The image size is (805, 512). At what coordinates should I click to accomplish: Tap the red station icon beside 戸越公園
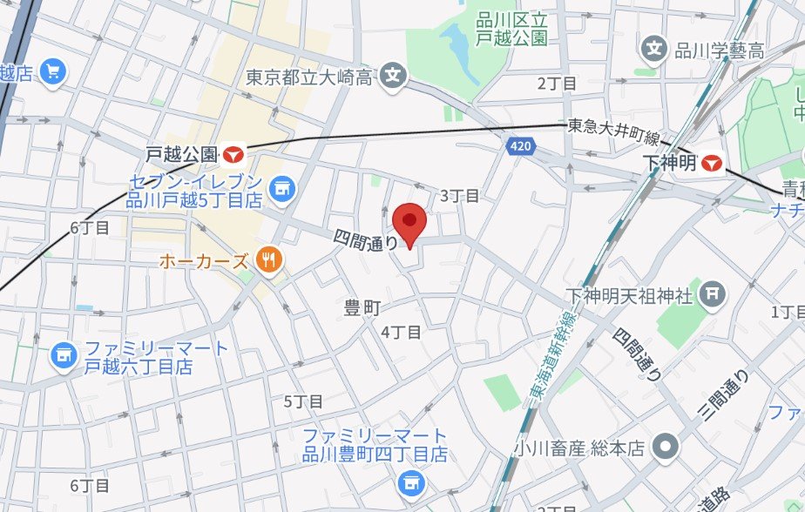point(233,154)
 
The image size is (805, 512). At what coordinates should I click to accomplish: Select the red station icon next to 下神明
point(713,162)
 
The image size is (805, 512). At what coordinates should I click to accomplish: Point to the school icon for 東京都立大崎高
point(395,77)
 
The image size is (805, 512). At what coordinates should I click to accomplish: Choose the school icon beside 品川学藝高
point(653,49)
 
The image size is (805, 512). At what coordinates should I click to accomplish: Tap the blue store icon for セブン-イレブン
point(282,186)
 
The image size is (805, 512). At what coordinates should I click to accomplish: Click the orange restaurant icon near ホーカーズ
point(270,259)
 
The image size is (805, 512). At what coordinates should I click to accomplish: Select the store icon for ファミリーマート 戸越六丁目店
point(62,354)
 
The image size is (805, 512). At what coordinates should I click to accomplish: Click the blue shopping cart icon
point(53,71)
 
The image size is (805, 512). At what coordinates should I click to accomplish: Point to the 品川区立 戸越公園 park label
point(511,29)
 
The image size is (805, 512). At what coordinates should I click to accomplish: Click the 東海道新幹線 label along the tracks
point(547,358)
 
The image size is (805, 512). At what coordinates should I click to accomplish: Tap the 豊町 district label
point(363,307)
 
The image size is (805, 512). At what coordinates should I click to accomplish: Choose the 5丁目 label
point(303,401)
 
